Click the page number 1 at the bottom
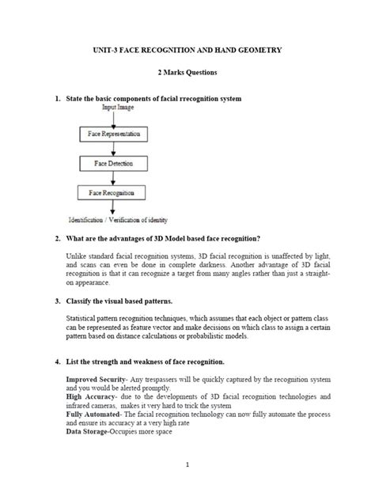(x=187, y=465)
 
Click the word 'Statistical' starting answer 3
(x=81, y=320)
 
